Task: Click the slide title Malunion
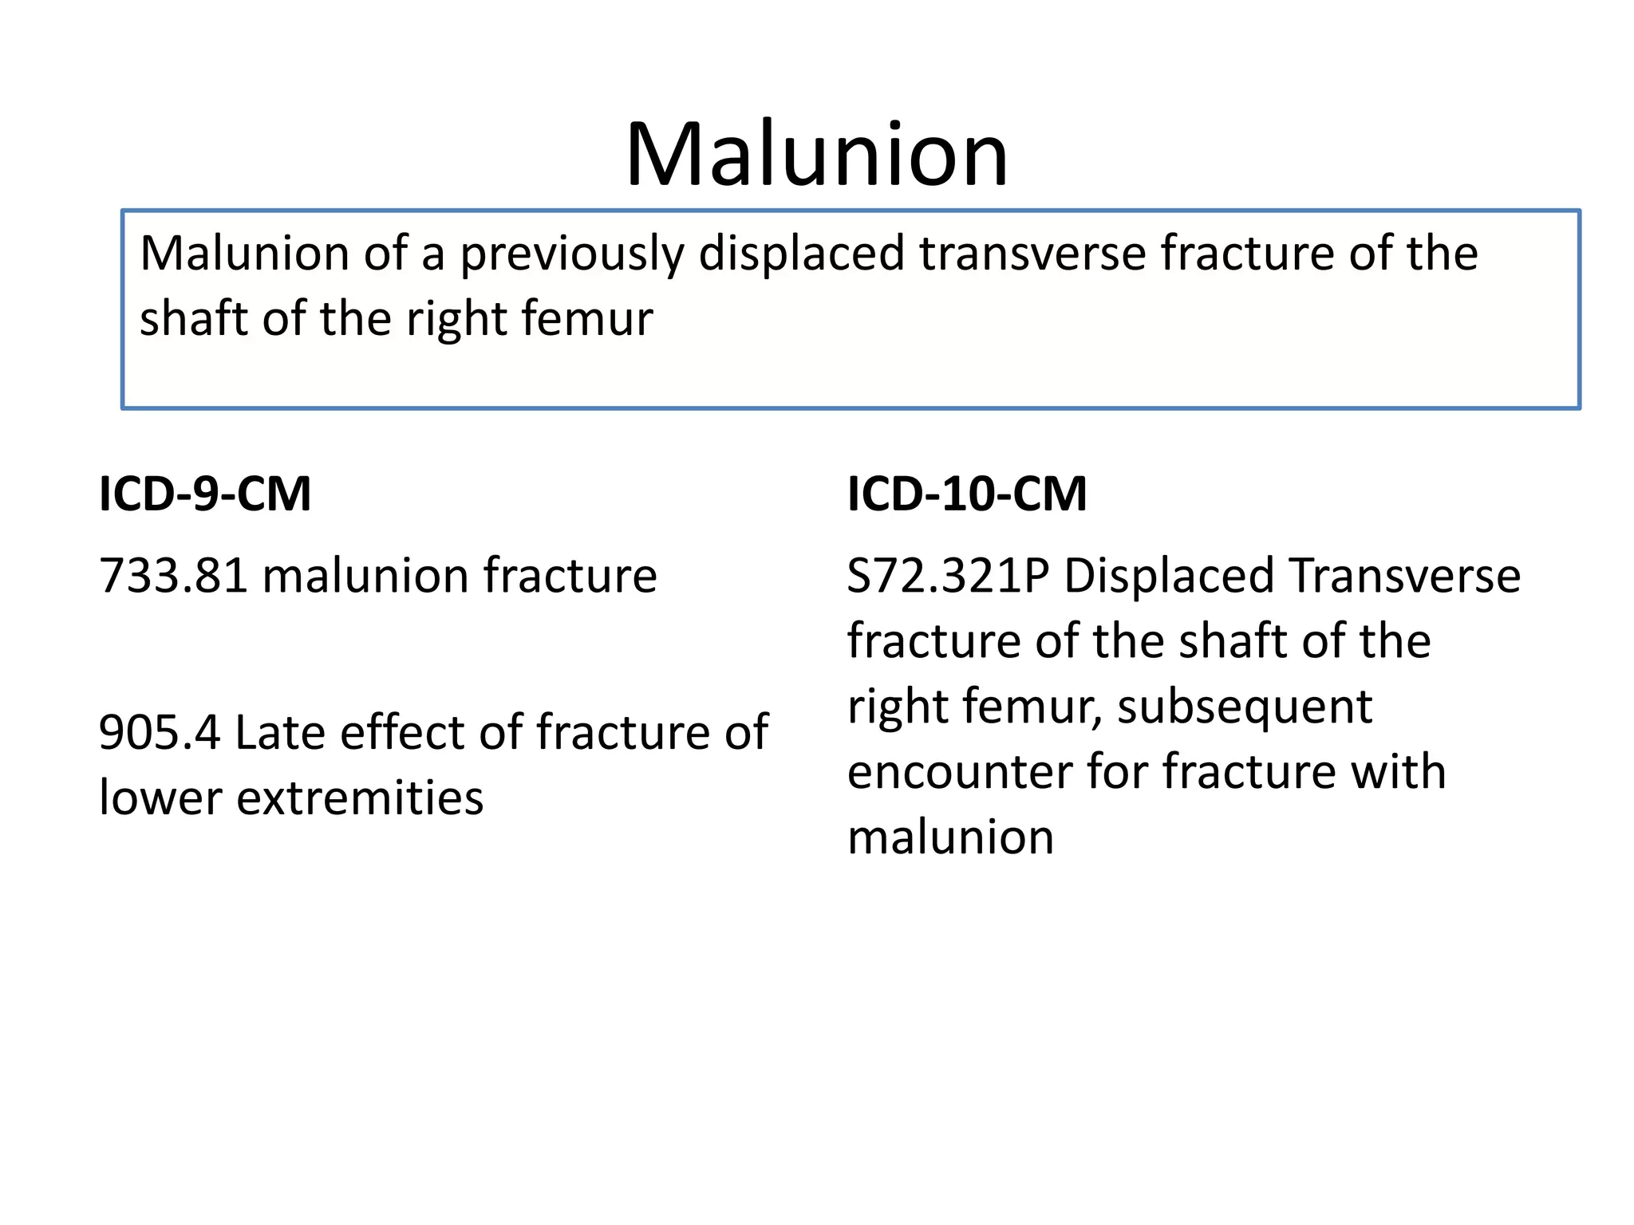click(816, 154)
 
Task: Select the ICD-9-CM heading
click(205, 494)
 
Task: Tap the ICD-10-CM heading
click(967, 494)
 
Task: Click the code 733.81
click(173, 576)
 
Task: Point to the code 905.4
click(159, 732)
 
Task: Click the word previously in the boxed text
click(571, 254)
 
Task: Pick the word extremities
click(360, 798)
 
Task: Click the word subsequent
click(1245, 707)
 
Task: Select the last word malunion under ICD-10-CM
click(950, 837)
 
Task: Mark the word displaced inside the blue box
click(802, 254)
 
